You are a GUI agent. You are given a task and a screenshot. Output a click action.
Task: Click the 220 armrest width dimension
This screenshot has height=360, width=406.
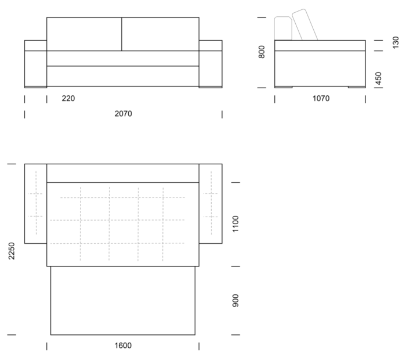click(68, 99)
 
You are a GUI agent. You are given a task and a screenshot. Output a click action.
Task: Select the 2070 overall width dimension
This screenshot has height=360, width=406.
click(123, 114)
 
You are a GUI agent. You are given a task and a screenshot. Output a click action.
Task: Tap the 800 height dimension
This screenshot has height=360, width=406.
click(262, 52)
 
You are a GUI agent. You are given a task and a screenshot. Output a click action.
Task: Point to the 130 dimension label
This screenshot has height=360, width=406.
click(396, 42)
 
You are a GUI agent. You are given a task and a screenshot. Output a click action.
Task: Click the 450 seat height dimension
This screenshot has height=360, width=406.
click(378, 78)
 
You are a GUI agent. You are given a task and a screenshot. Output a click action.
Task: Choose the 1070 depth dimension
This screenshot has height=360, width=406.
click(321, 99)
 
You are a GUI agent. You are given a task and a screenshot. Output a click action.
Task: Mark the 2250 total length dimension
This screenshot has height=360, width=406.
click(12, 251)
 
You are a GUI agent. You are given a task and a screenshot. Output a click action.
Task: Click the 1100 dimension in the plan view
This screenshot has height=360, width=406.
click(235, 224)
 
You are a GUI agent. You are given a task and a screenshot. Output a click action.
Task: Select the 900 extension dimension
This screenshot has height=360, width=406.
click(235, 301)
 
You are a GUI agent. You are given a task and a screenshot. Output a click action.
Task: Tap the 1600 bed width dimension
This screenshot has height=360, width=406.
click(123, 345)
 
